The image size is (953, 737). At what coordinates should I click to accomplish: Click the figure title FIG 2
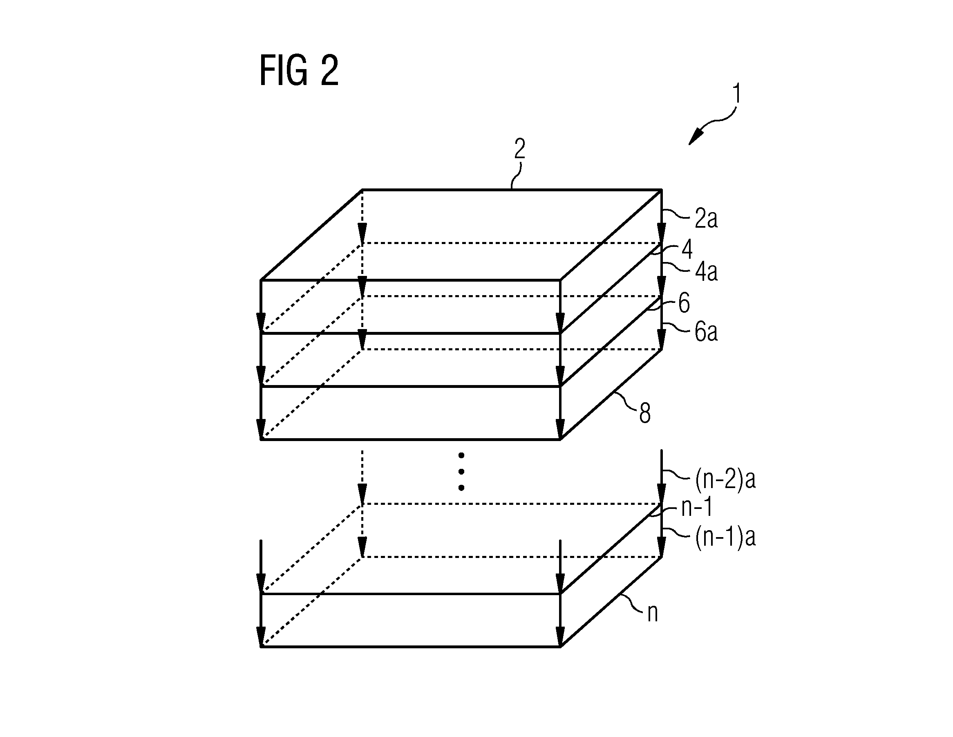299,71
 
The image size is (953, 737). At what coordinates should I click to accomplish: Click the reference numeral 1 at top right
736,94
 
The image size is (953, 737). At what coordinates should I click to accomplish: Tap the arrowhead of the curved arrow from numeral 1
696,136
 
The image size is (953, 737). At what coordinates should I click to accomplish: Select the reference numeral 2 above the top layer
519,149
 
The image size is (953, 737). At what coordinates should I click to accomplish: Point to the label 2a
706,218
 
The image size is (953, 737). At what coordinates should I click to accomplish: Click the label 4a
706,271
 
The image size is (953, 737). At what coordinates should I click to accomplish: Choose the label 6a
706,332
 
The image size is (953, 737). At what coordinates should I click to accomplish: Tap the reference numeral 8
645,413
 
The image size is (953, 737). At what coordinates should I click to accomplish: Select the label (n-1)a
725,537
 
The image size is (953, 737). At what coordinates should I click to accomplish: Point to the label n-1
697,507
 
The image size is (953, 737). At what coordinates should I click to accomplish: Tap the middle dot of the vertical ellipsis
461,472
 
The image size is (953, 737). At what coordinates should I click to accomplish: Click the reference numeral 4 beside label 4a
687,249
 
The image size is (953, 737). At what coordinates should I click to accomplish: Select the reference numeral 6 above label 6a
684,303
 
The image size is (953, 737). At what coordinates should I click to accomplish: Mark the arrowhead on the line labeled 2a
662,233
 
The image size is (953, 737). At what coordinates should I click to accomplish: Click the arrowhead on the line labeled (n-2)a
662,493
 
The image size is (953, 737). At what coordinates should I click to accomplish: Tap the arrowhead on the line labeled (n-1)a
662,547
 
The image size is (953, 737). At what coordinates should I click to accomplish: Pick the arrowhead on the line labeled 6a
662,339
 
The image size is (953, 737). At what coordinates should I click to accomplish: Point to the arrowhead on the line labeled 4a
662,286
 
